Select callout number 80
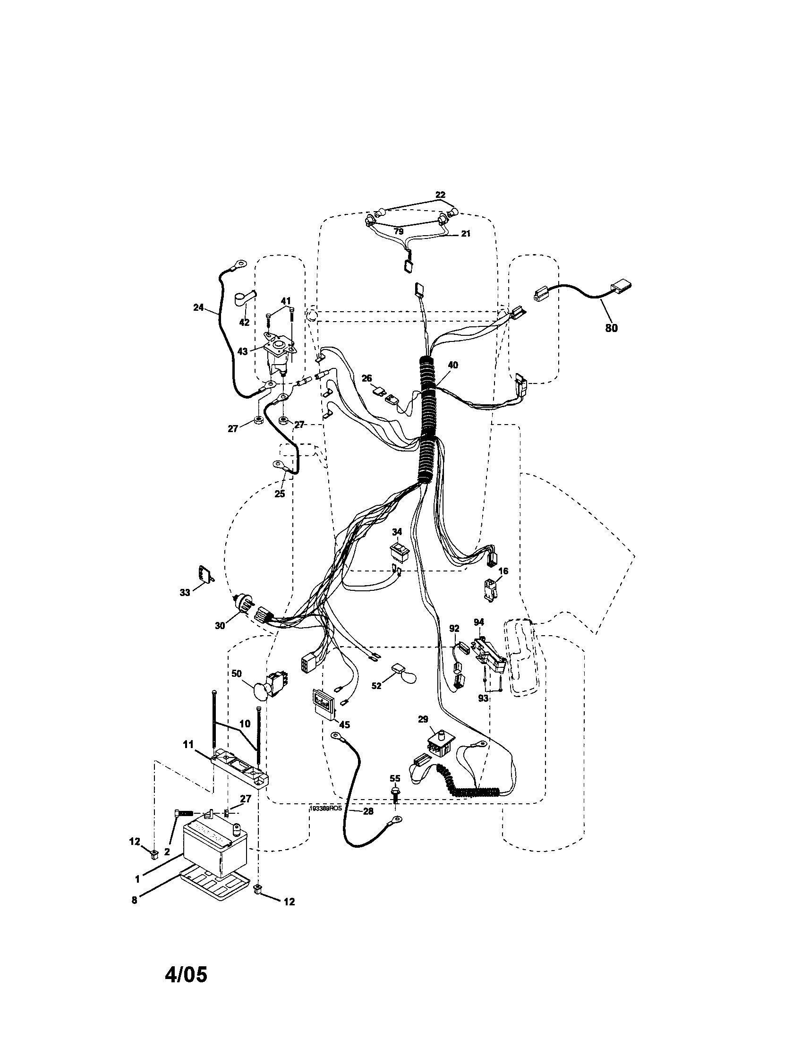pyautogui.click(x=611, y=328)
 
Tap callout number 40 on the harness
pyautogui.click(x=453, y=365)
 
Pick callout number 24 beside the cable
pyautogui.click(x=198, y=308)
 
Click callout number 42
pyautogui.click(x=244, y=322)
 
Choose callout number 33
pyautogui.click(x=185, y=592)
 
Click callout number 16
pyautogui.click(x=503, y=571)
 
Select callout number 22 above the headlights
pyautogui.click(x=440, y=195)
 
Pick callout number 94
pyautogui.click(x=478, y=622)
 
